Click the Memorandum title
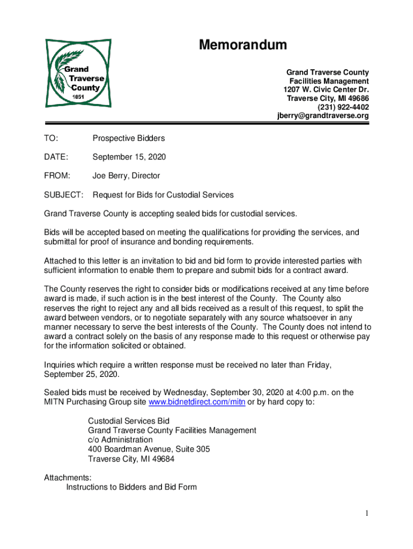(x=242, y=45)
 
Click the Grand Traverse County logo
(x=78, y=73)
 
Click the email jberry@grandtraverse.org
(x=323, y=115)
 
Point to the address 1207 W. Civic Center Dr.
(x=326, y=90)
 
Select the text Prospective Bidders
(x=129, y=138)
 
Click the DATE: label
(x=56, y=157)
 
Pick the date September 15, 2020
(x=129, y=157)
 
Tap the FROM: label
(x=57, y=176)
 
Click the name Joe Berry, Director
(x=127, y=176)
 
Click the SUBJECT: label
(x=63, y=195)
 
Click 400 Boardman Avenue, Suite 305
(x=149, y=449)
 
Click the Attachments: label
(x=68, y=477)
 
